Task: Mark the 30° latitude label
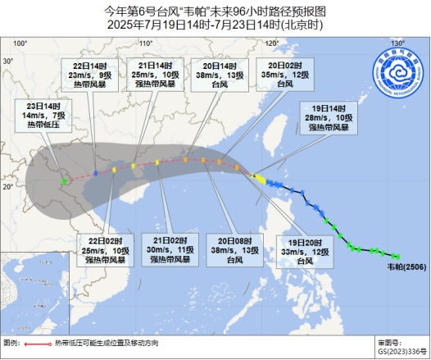[8, 62]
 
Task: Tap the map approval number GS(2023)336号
[399, 350]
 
